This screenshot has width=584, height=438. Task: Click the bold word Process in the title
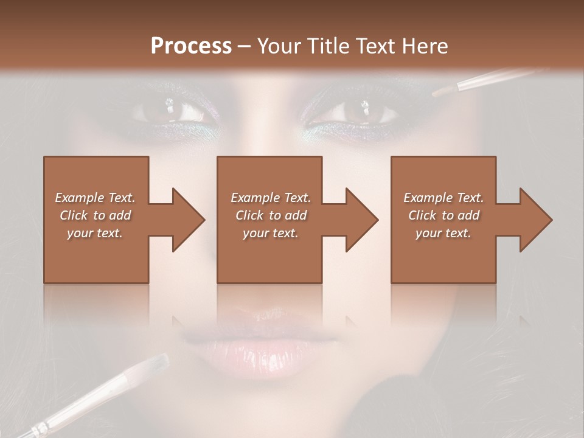191,46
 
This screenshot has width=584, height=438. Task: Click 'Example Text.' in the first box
95,198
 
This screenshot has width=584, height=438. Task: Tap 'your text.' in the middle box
270,233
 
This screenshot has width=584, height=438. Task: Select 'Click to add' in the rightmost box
444,215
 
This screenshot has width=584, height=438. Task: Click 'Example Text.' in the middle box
270,198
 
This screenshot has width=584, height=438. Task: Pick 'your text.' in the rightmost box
443,233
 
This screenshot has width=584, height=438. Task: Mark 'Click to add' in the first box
95,215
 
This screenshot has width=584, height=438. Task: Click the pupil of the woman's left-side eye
172,110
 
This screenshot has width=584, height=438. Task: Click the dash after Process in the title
244,47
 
